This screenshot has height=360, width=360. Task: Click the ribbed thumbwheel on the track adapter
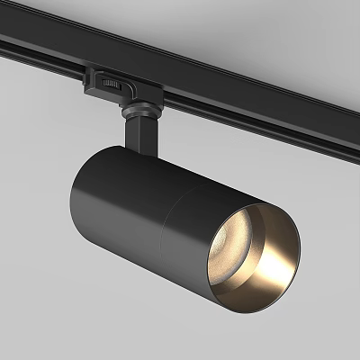(111, 83)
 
